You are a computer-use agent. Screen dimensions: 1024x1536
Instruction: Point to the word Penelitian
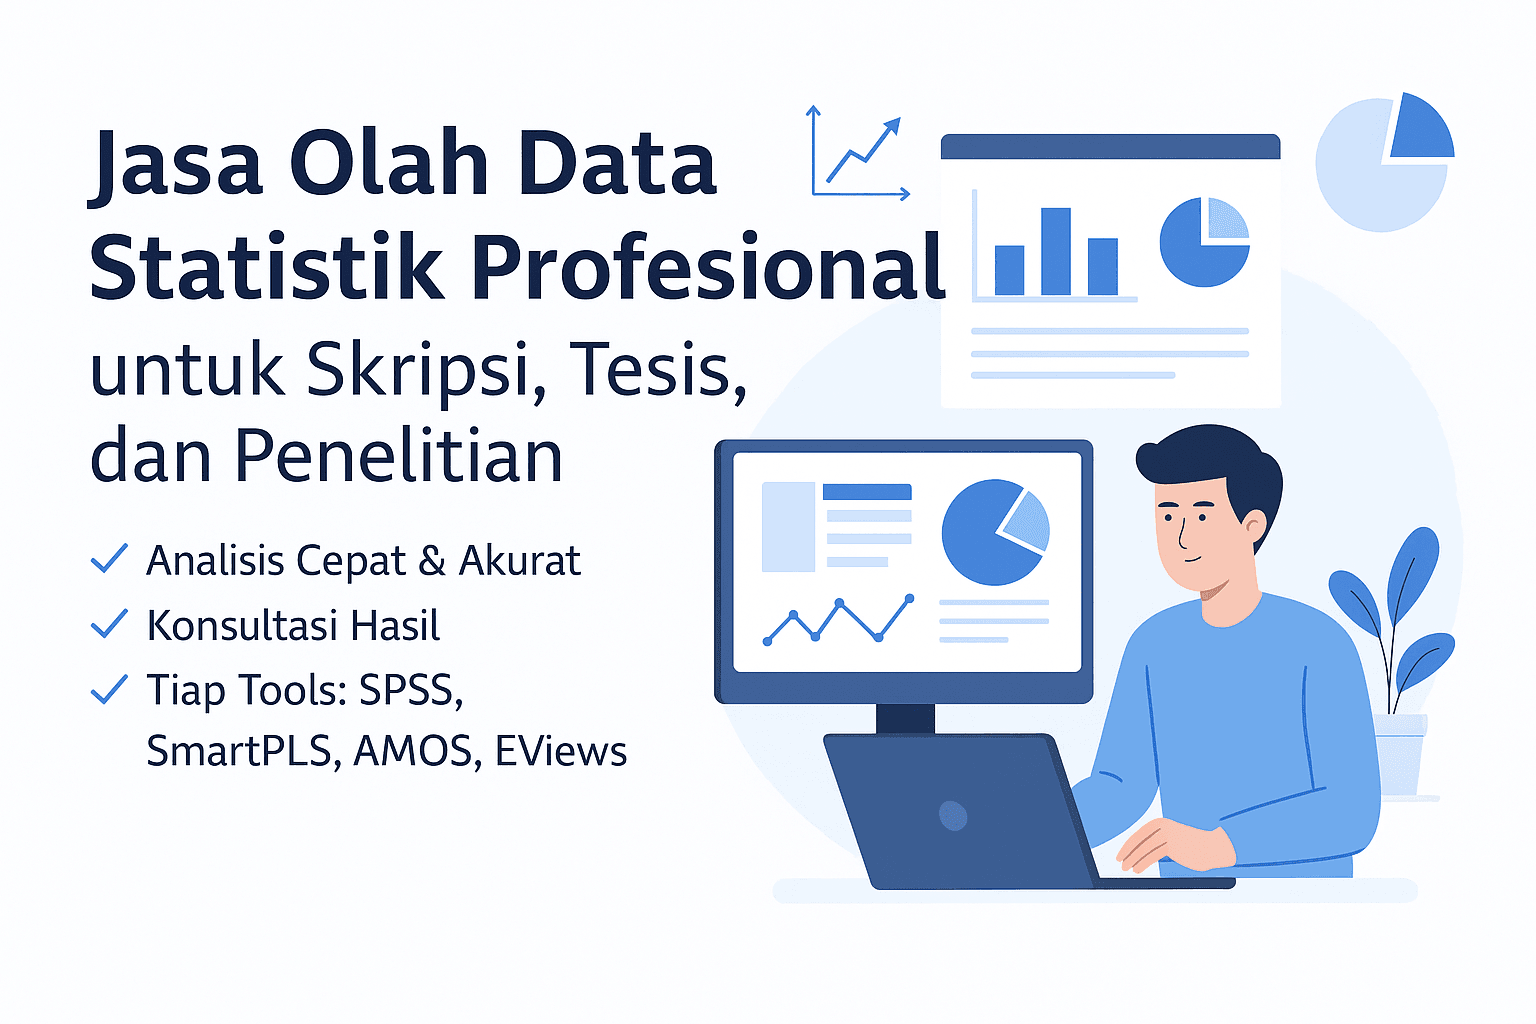point(399,456)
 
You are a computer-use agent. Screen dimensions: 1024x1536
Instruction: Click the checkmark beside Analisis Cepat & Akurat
point(109,559)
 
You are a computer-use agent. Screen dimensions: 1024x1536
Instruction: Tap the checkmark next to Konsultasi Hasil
point(109,624)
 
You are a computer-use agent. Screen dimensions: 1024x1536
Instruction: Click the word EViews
point(560,752)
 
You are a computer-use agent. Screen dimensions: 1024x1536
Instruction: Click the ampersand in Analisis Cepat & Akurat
point(432,561)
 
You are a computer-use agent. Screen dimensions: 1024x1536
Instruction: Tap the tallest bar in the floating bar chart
point(1056,251)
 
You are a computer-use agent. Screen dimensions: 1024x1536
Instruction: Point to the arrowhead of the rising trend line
point(891,127)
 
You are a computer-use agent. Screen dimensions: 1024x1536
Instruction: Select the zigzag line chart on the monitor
point(838,620)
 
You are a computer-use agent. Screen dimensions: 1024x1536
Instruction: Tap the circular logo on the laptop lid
point(953,815)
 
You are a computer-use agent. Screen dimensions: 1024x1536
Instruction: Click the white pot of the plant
point(1400,755)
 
